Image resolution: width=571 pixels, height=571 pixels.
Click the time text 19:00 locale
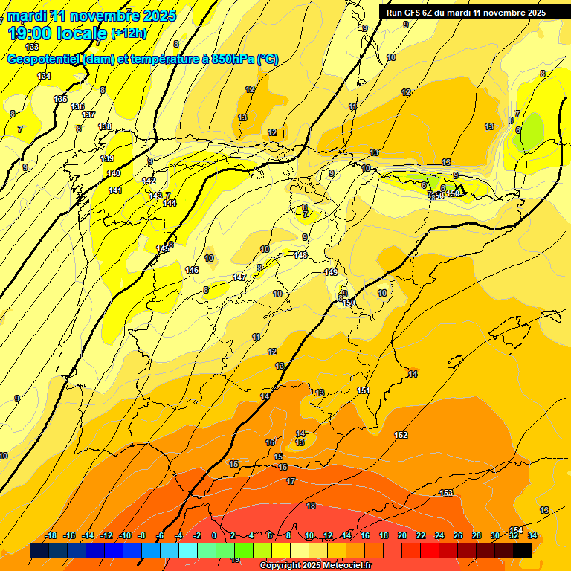(57, 33)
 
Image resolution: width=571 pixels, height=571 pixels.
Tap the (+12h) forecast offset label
(129, 33)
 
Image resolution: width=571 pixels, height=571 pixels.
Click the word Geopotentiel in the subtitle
(44, 60)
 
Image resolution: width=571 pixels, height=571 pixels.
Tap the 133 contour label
(32, 47)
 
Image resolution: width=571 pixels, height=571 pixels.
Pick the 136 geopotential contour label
(77, 106)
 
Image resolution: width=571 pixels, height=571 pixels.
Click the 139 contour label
(107, 158)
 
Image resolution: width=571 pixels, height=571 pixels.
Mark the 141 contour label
(114, 191)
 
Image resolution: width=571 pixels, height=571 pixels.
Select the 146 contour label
(192, 270)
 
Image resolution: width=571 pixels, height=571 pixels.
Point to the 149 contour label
(331, 272)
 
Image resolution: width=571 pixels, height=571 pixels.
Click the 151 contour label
(364, 390)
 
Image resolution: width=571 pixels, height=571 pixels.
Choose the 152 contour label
(401, 435)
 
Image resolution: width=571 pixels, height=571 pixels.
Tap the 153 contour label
(446, 493)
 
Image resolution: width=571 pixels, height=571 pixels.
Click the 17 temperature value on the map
(291, 482)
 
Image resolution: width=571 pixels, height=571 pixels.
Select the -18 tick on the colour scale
(51, 535)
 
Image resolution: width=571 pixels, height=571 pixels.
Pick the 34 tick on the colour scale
(532, 535)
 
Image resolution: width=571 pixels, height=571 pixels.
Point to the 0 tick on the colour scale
(214, 535)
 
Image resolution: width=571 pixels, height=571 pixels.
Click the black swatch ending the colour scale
(523, 550)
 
